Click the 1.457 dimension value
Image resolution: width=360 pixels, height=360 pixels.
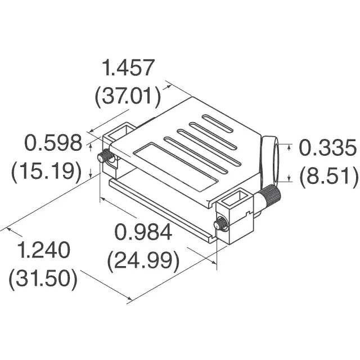coord(127,69)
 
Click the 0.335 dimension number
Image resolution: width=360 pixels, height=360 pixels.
coord(327,148)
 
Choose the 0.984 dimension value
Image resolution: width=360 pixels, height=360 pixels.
coord(143,232)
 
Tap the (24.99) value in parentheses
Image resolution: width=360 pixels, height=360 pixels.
coord(143,260)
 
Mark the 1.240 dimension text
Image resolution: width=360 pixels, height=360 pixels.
coord(43,251)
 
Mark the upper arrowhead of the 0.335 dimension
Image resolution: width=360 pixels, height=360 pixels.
coord(289,147)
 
